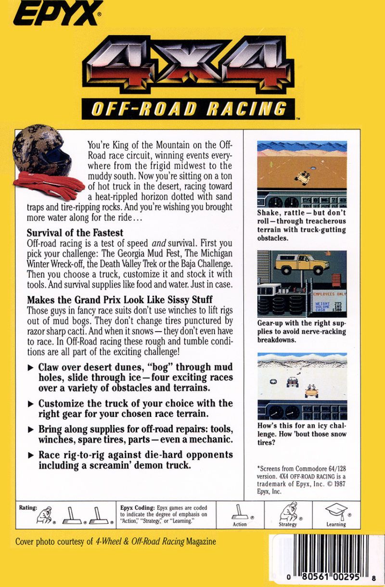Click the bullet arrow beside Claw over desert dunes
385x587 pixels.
pyautogui.click(x=30, y=367)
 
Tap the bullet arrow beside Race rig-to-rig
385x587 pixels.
pyautogui.click(x=30, y=455)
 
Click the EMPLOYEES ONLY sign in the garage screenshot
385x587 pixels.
pyautogui.click(x=328, y=293)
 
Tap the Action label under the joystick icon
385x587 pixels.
pyautogui.click(x=240, y=524)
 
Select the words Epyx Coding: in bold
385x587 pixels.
pyautogui.click(x=137, y=507)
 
